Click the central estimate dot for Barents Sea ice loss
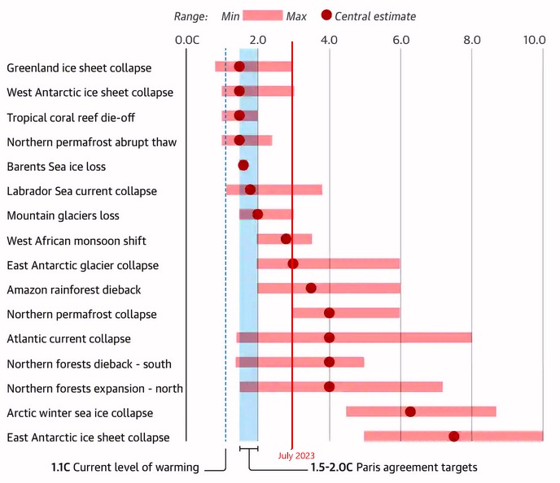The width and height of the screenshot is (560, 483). (243, 165)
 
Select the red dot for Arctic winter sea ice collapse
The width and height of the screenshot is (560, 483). (410, 411)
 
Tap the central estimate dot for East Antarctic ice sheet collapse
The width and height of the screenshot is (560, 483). (454, 437)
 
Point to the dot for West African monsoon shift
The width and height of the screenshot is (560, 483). (286, 239)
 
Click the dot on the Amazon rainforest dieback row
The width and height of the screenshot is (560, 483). (311, 288)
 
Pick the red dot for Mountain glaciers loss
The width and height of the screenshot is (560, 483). (257, 215)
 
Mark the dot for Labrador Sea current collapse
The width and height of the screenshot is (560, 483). (250, 189)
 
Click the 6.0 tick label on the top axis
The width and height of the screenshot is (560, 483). (400, 39)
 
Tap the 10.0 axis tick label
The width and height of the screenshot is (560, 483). (534, 39)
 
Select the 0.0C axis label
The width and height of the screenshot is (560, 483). (187, 39)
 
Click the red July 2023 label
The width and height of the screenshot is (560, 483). (296, 456)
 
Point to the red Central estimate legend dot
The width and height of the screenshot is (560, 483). (327, 15)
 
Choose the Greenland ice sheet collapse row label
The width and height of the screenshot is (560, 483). (79, 67)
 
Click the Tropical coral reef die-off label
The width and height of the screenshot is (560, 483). (71, 117)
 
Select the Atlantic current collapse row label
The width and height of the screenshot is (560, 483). (68, 338)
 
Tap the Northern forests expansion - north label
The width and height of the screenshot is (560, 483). (94, 388)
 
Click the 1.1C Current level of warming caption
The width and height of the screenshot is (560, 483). (125, 468)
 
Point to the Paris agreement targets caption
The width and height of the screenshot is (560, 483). (394, 468)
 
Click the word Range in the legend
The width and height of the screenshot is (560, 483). (190, 15)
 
